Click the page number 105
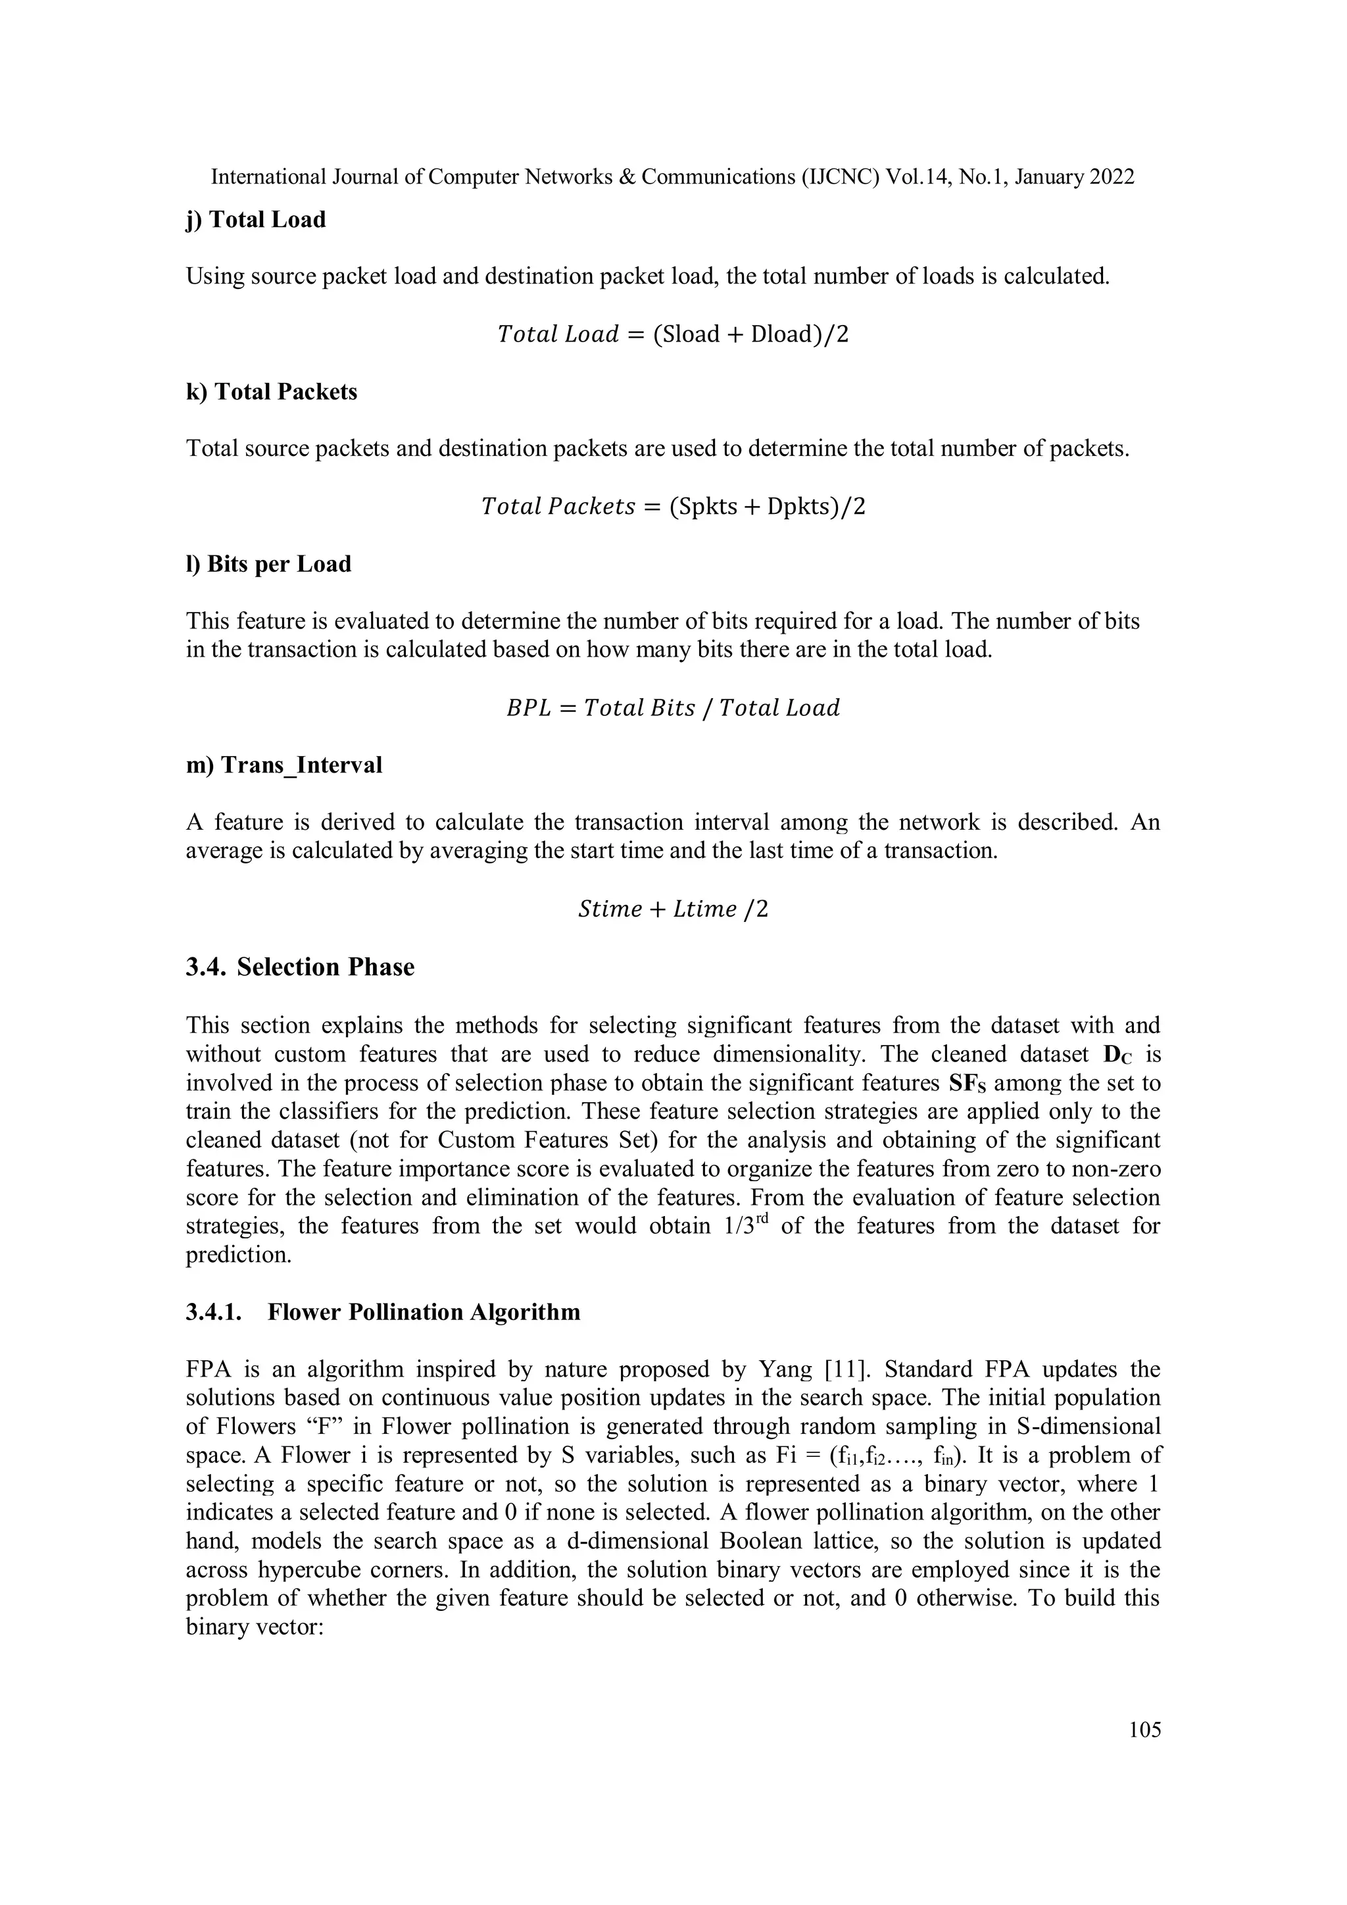(1144, 1729)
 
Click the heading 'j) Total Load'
(255, 220)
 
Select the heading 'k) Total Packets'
(271, 392)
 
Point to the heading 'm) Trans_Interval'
(283, 765)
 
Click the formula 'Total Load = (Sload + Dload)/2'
(673, 334)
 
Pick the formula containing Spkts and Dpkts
(673, 506)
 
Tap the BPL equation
(673, 708)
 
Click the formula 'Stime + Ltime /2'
(673, 909)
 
